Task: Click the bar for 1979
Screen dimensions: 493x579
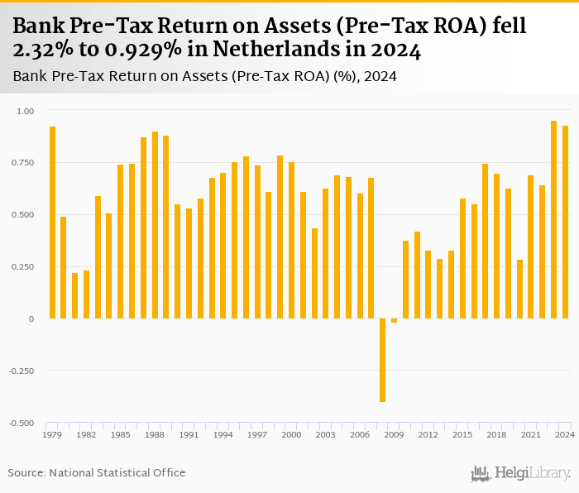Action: [52, 223]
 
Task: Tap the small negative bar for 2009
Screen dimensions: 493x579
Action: [395, 320]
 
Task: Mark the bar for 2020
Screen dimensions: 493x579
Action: [519, 289]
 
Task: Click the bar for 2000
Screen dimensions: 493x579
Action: [291, 240]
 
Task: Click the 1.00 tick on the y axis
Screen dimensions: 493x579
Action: [26, 111]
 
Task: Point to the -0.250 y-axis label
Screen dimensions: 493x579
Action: [22, 371]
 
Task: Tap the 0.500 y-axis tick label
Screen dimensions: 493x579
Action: [24, 215]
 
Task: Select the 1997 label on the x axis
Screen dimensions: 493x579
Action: [257, 434]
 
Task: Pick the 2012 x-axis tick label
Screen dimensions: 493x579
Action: [428, 434]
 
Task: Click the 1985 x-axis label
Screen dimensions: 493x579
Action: [120, 434]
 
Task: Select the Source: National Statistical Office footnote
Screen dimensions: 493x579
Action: [97, 472]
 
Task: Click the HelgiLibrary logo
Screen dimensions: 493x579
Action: [520, 473]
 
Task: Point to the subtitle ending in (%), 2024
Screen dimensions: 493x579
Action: [205, 77]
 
